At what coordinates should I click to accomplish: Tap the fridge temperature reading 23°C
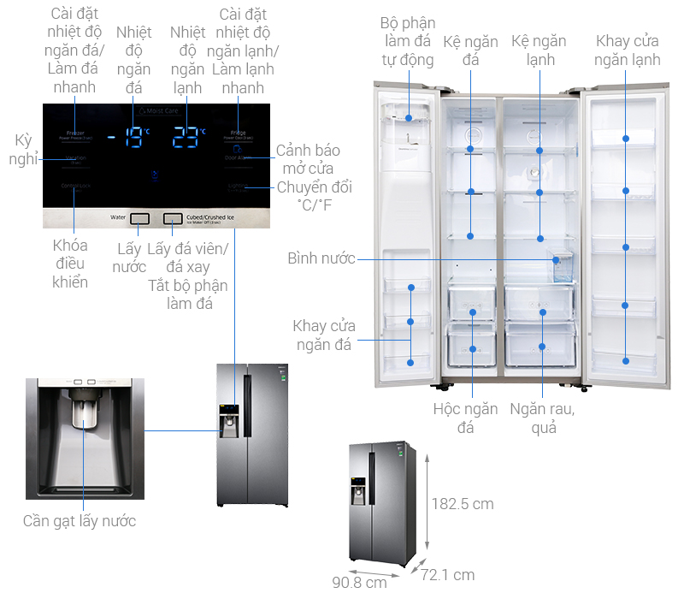188,135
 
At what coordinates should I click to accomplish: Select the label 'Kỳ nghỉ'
19,149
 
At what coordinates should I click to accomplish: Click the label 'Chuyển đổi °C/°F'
313,195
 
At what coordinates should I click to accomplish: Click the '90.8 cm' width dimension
360,583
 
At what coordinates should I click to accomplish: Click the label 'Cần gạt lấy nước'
79,520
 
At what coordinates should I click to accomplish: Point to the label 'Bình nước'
321,258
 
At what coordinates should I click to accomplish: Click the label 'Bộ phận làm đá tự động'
407,41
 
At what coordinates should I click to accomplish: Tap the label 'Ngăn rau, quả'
542,418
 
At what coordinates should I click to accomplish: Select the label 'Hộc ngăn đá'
465,418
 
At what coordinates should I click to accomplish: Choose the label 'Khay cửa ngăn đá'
323,335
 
